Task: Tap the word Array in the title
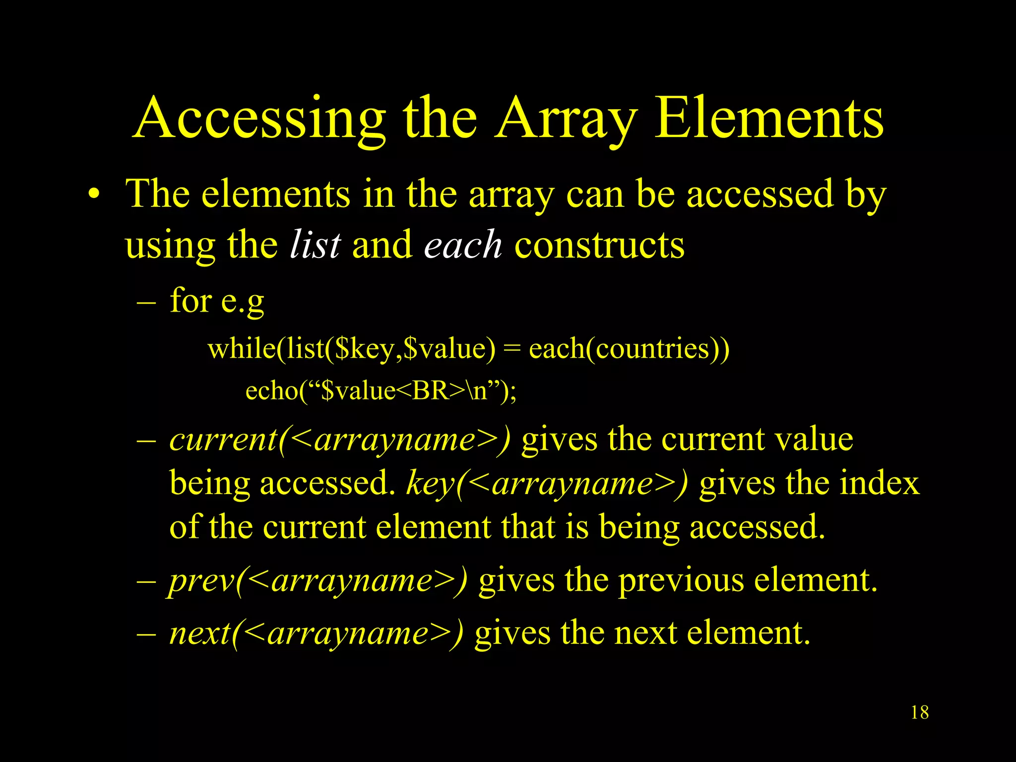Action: pos(566,119)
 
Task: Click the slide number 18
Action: pos(920,712)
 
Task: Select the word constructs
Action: pos(599,246)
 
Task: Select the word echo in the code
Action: pos(271,390)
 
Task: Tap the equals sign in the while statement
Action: pos(511,349)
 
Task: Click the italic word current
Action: pos(223,440)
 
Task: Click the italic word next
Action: pos(200,634)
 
